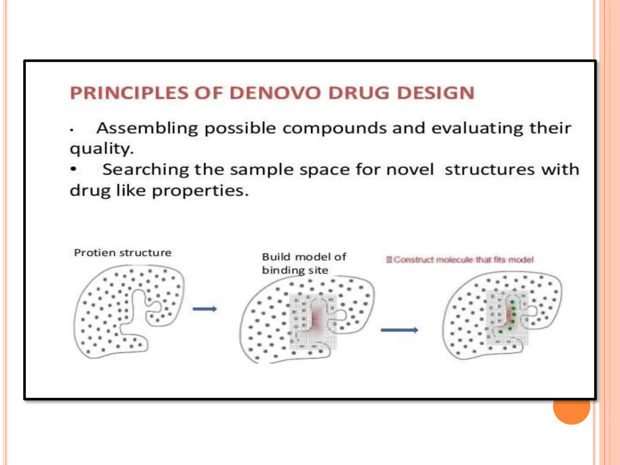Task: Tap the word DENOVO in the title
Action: (x=275, y=93)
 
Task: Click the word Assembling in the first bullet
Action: (x=147, y=128)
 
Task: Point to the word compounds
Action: (x=335, y=128)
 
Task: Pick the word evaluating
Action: (x=477, y=128)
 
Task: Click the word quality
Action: (x=101, y=149)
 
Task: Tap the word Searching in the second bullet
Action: (x=145, y=170)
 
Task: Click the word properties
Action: (x=200, y=191)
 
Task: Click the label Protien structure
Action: (x=123, y=252)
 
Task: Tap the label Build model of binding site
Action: (x=304, y=263)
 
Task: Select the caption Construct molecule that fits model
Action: (x=460, y=260)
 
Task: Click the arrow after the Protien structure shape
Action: (x=205, y=309)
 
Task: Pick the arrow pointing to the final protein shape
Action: (x=399, y=330)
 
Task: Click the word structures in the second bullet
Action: (x=490, y=170)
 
